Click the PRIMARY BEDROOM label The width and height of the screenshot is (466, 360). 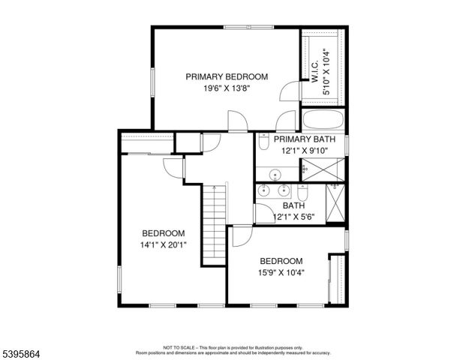[x=227, y=76]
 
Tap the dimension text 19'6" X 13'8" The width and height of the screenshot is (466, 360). [x=227, y=88]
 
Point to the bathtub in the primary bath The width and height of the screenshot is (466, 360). [x=323, y=121]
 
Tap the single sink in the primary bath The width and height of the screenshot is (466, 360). [x=275, y=175]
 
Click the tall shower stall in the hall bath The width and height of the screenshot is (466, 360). [x=335, y=204]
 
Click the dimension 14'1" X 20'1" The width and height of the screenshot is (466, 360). [x=164, y=244]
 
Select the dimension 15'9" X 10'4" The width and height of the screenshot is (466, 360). [x=281, y=272]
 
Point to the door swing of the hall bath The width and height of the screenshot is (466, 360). [x=263, y=213]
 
